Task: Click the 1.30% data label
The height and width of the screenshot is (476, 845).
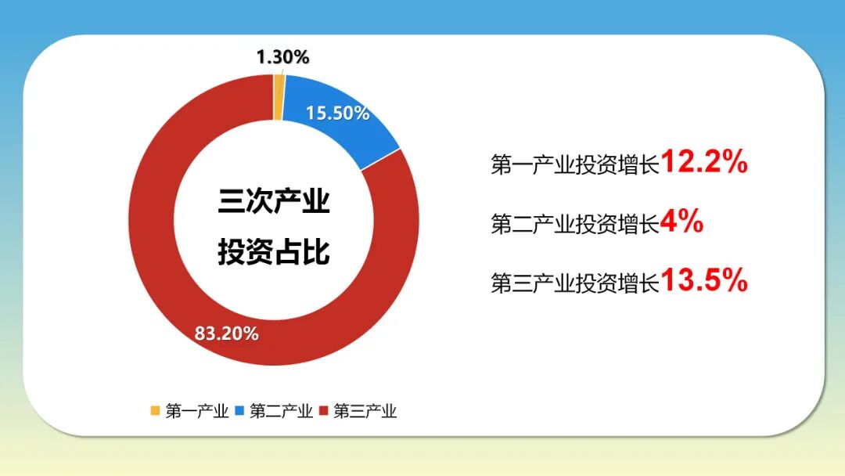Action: click(283, 57)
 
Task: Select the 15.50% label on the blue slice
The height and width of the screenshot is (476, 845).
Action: click(337, 114)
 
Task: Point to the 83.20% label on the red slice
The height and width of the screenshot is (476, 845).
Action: click(227, 334)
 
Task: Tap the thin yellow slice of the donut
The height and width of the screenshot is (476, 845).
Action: click(279, 98)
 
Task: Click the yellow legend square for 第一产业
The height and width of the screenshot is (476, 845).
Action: click(155, 410)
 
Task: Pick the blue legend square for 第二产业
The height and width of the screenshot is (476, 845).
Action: click(239, 410)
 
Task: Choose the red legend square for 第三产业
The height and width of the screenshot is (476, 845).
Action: click(323, 410)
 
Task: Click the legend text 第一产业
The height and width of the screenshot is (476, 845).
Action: click(196, 411)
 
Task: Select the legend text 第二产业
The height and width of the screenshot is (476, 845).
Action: click(281, 411)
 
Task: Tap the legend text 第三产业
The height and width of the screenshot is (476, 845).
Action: click(365, 411)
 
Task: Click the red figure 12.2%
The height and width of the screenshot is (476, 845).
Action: click(705, 163)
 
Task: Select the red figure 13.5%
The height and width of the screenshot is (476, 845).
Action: click(705, 280)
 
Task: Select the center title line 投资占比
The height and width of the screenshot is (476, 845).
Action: click(274, 253)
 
